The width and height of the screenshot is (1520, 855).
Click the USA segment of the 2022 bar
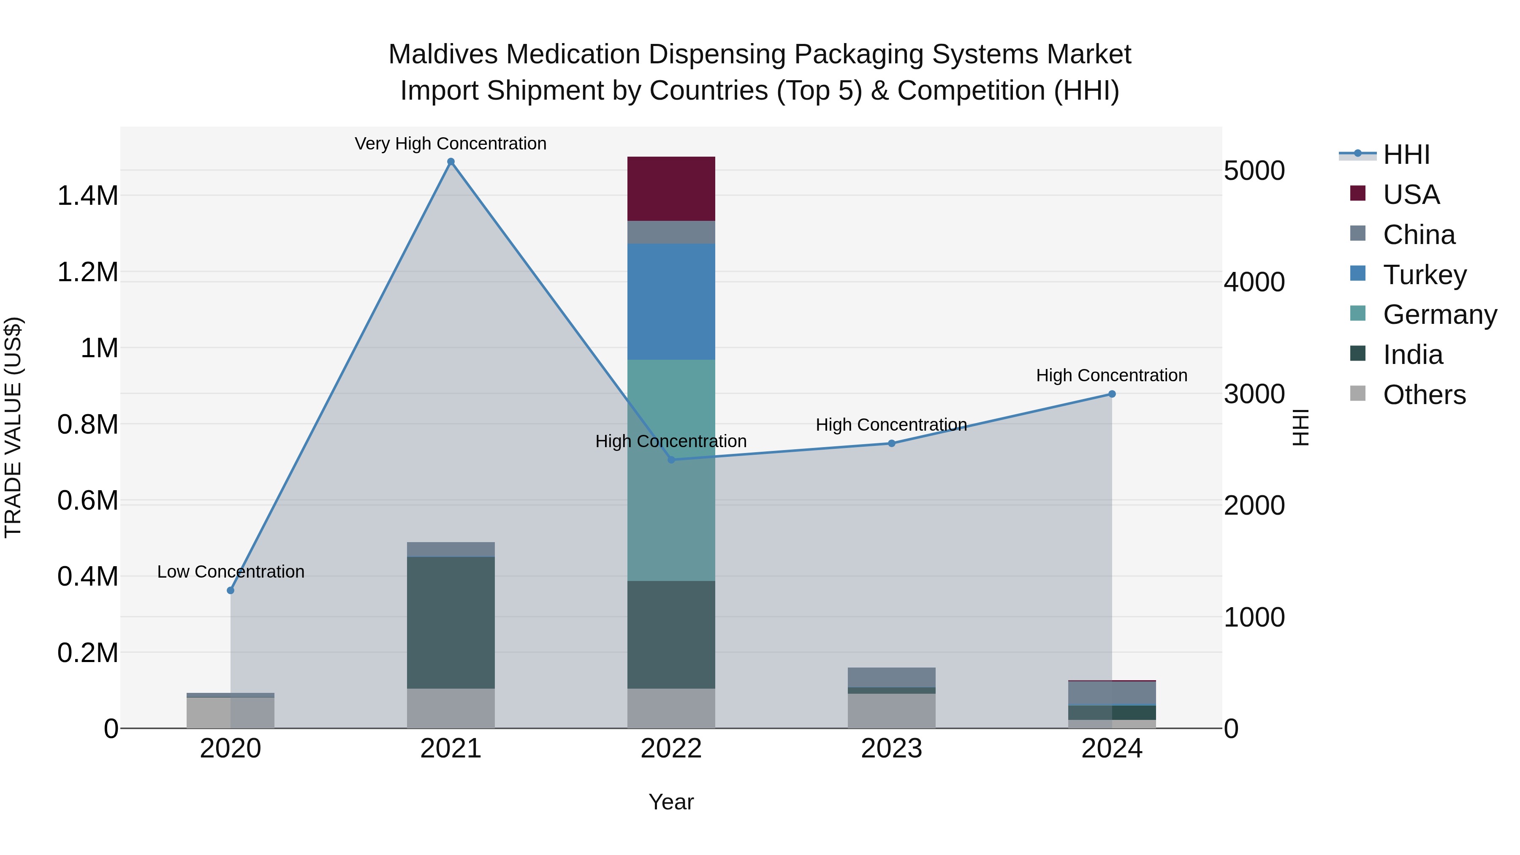(671, 189)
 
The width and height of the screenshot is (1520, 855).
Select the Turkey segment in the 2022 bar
(671, 301)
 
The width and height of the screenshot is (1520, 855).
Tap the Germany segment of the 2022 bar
(671, 470)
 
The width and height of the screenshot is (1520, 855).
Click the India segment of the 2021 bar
(451, 622)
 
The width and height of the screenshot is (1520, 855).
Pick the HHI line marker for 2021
(451, 162)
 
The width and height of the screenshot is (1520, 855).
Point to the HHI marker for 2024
(1112, 394)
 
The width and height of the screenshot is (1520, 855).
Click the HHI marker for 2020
(231, 591)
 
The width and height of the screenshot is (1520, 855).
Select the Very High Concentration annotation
(451, 144)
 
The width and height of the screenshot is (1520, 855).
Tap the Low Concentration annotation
(231, 572)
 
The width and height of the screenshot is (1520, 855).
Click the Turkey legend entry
(1424, 275)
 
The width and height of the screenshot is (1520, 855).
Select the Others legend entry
(1423, 395)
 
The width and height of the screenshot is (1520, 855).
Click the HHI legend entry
(1406, 155)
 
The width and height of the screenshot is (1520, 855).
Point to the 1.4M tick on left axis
(87, 196)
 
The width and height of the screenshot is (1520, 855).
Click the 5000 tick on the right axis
(1254, 171)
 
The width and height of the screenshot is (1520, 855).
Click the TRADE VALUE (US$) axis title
(13, 427)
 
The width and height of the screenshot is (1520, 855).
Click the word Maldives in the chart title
(442, 54)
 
